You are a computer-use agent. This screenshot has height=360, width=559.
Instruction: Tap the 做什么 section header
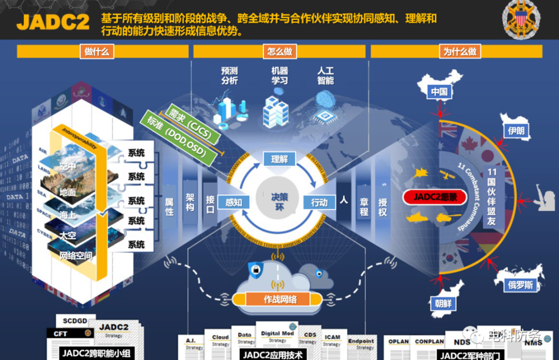coord(96,51)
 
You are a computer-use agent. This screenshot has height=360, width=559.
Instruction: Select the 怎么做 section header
coord(280,51)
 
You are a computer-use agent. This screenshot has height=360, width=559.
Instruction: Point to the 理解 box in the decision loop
coord(279,159)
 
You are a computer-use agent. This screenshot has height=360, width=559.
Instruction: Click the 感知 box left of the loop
coord(233,203)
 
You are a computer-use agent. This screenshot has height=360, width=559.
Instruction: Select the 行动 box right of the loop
coord(319,203)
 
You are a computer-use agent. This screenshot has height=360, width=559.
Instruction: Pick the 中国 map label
coord(439,92)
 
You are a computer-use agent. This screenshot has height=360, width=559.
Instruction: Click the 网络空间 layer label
coord(76,255)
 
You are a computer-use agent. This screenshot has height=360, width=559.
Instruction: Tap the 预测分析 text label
coord(230,75)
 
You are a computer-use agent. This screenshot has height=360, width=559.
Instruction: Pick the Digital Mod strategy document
coord(277,337)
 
